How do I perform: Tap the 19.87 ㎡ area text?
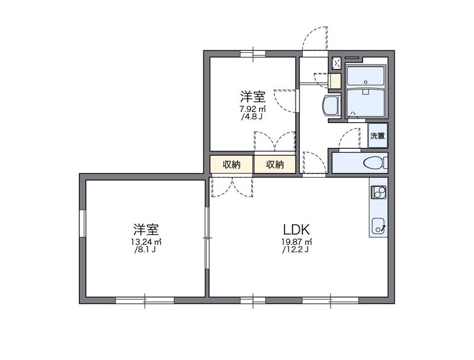coord(297,242)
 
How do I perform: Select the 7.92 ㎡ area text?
coord(252,109)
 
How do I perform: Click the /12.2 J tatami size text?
coord(297,249)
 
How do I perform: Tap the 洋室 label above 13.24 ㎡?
coord(146,229)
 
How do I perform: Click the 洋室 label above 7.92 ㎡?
coord(252,97)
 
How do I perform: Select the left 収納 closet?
coord(232,165)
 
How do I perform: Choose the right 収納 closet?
coord(275,165)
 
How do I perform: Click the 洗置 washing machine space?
coord(377,136)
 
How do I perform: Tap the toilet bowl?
coord(371,163)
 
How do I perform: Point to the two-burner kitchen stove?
coord(378,192)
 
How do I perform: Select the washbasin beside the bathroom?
coord(331,107)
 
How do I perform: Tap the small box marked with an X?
coord(336,62)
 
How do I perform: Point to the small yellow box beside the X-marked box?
coord(335,81)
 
